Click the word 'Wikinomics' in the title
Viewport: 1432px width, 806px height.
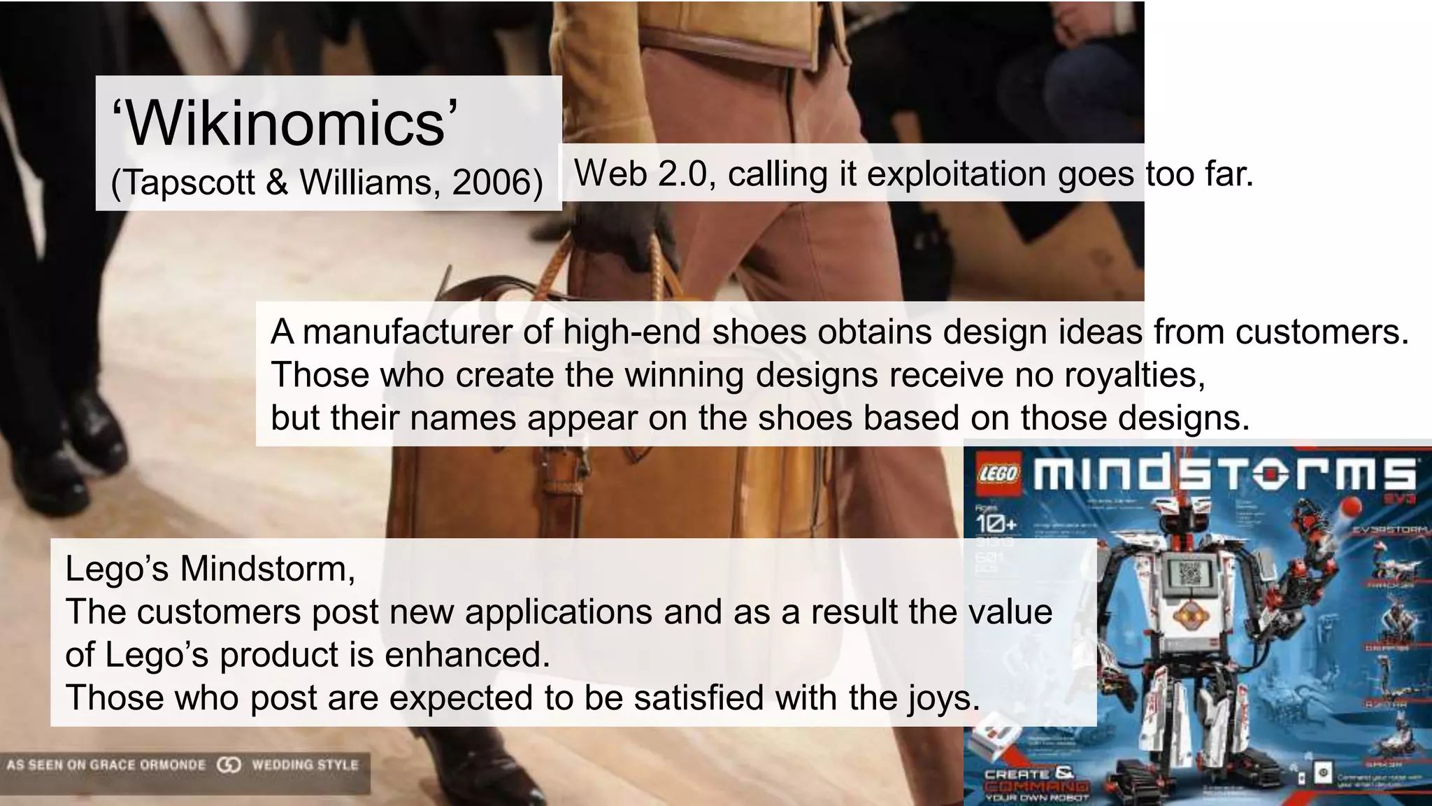point(285,124)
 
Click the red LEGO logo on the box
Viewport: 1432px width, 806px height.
point(998,474)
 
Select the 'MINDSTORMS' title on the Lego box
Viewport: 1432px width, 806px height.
point(1224,474)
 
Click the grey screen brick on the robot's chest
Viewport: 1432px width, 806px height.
point(1189,574)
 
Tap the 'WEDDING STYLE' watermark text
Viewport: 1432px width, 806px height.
point(305,765)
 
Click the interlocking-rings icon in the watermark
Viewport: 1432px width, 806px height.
point(229,765)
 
